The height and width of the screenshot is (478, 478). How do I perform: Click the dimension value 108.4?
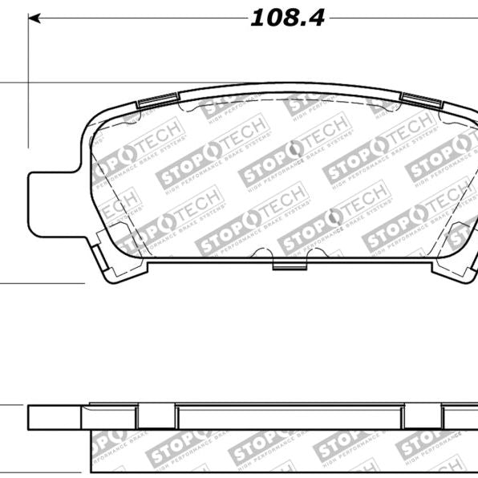(x=287, y=18)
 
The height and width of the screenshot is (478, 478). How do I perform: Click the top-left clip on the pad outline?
(x=157, y=100)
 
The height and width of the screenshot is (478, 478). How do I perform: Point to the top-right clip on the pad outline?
(x=420, y=100)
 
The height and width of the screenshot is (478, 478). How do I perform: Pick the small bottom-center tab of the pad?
(x=288, y=264)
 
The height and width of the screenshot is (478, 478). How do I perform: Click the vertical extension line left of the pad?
(x=29, y=80)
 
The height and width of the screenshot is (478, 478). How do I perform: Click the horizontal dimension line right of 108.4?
(x=401, y=18)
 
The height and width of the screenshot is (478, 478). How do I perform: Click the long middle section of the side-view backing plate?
(x=289, y=416)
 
